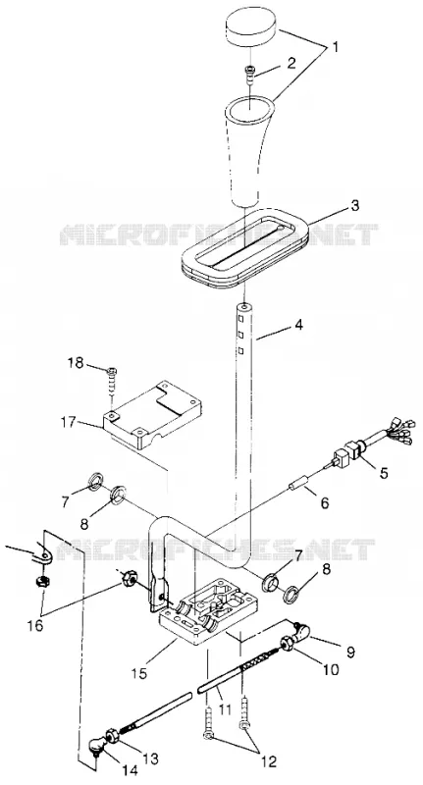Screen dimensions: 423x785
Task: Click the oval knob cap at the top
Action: coord(251,29)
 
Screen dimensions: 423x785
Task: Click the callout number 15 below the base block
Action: coord(140,673)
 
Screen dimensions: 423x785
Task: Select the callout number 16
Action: coord(34,625)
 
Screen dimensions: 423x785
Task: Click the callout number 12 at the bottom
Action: coord(268,761)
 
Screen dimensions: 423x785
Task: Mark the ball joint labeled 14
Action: coord(96,748)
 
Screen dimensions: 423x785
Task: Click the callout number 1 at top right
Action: coord(336,47)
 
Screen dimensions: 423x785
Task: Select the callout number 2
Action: coord(292,63)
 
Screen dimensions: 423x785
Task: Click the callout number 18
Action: coord(77,362)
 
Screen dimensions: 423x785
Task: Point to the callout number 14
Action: coord(130,770)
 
